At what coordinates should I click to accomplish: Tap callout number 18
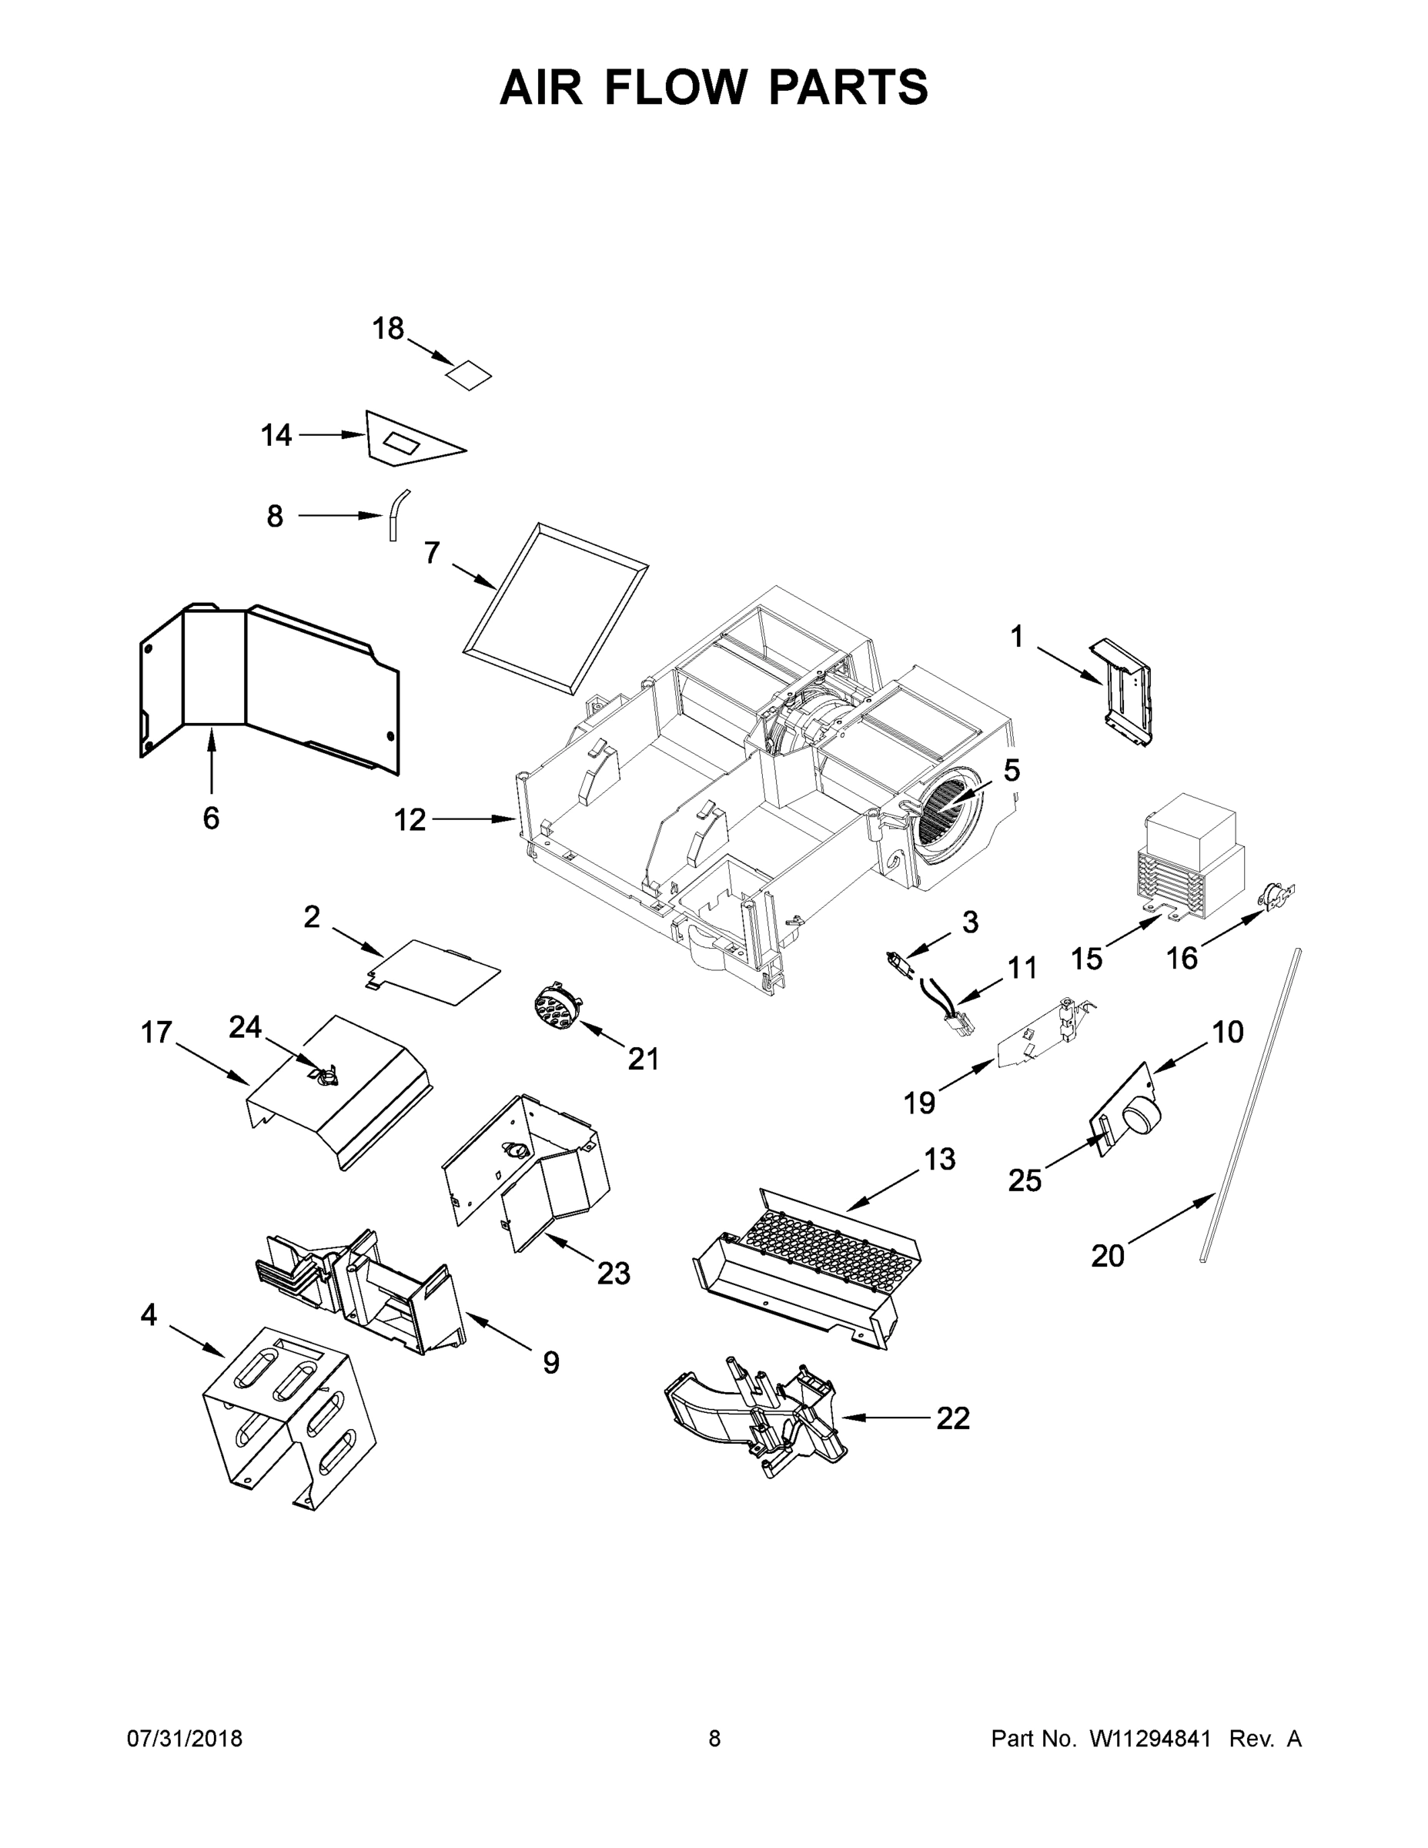pos(388,328)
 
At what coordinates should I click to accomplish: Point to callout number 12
pos(410,819)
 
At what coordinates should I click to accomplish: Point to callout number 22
pos(952,1418)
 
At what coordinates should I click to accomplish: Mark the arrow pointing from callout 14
pos(331,435)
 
